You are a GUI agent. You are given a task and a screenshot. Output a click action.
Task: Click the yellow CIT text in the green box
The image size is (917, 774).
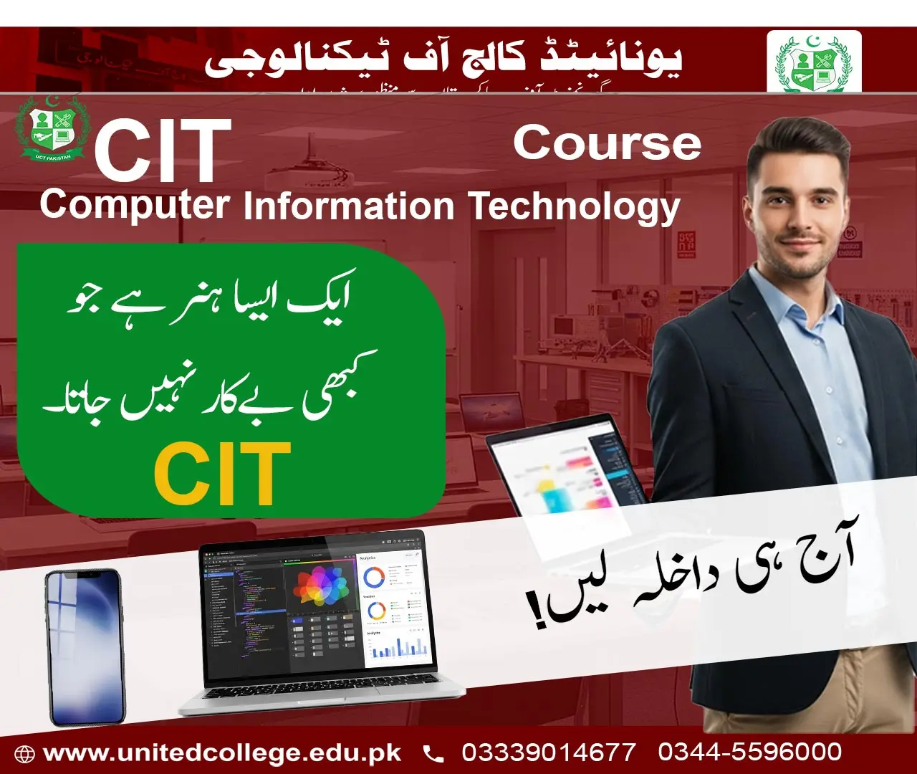coord(222,473)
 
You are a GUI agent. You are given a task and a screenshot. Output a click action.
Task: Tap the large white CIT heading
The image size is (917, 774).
coord(162,150)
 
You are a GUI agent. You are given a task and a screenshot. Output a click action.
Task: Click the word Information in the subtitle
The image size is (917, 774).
coord(349,206)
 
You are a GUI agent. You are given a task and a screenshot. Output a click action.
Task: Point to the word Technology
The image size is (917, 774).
coord(574,206)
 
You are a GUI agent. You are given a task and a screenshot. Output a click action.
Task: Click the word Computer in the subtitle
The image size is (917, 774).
coord(134,206)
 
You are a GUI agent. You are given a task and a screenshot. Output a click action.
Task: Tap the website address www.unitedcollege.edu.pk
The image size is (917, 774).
coord(222,753)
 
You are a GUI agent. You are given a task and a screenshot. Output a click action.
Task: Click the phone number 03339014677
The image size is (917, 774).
coord(548,752)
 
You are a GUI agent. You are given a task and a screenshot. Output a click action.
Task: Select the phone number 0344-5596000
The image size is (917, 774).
coord(749,752)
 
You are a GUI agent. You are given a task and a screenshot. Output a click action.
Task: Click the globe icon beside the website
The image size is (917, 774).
coord(25,754)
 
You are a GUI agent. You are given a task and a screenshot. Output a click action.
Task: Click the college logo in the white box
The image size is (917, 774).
coord(814,63)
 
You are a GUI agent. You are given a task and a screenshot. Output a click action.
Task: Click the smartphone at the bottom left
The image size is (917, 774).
coord(85,646)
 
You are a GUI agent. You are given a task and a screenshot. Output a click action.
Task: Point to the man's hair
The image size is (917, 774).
coord(797,146)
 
